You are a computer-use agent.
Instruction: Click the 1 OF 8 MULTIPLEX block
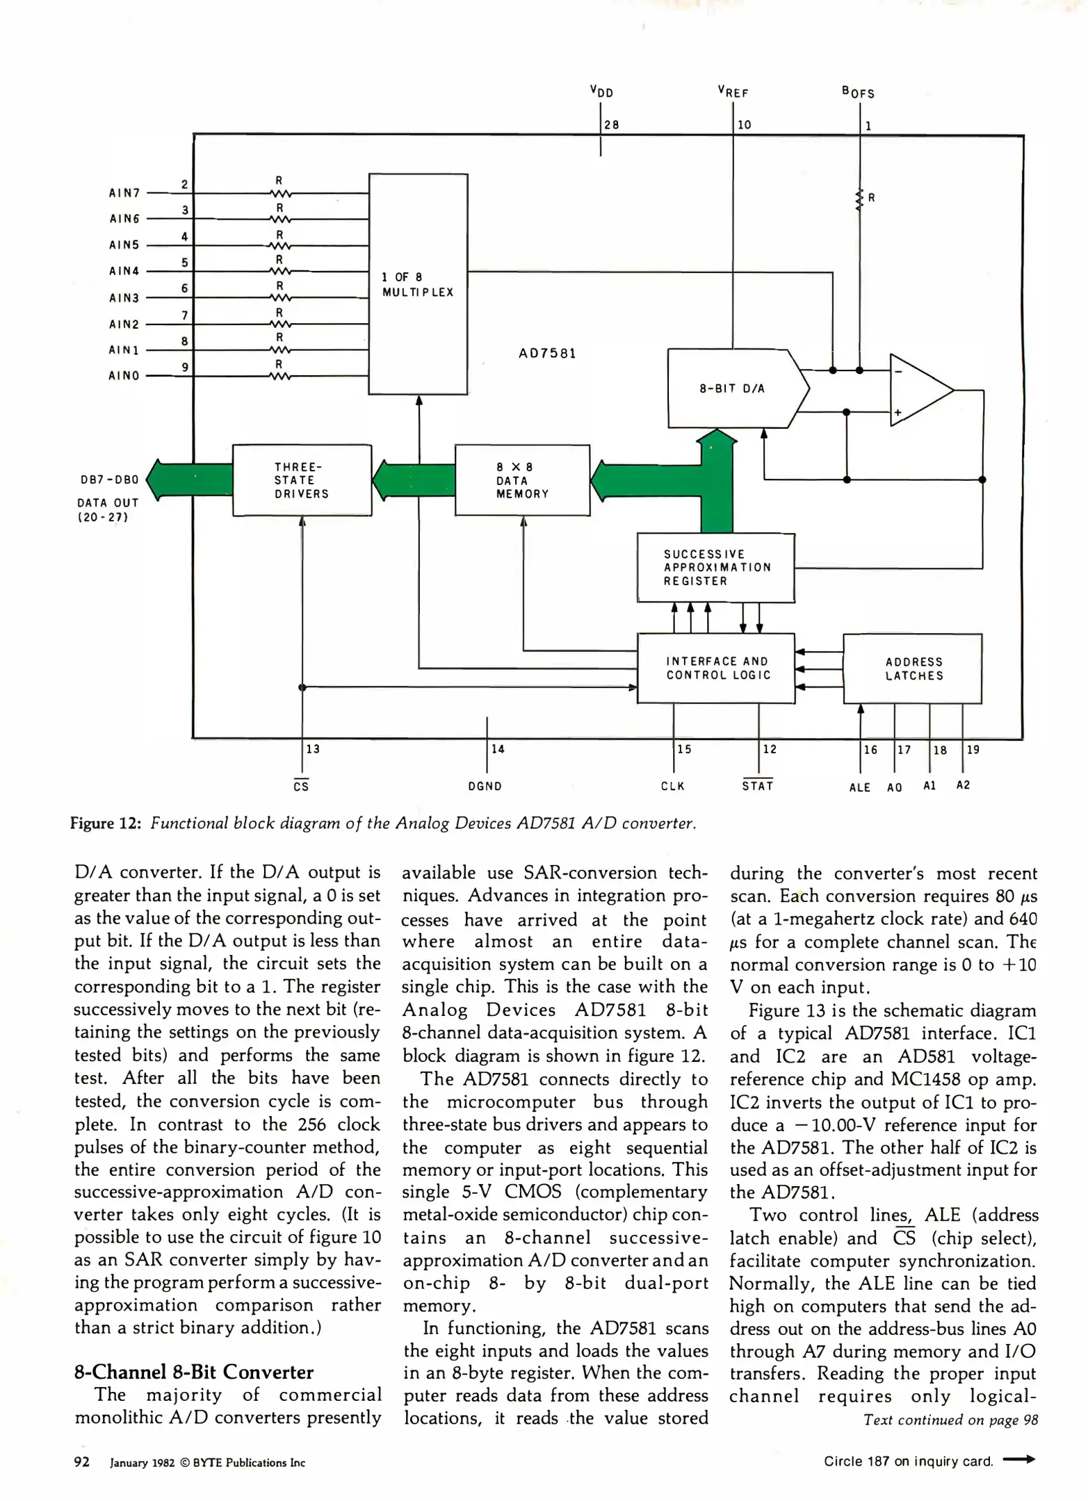(x=418, y=284)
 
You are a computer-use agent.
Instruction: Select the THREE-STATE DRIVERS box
(x=302, y=480)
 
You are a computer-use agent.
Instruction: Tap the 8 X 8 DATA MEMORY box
(x=522, y=480)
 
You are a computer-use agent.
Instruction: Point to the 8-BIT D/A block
(x=732, y=388)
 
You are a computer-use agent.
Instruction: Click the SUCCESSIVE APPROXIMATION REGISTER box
(x=716, y=568)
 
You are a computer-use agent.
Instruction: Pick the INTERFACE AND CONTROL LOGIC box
(x=716, y=669)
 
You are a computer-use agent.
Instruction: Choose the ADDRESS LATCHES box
(x=913, y=669)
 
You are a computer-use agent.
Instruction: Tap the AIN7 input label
(x=124, y=192)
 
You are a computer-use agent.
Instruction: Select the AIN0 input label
(x=124, y=376)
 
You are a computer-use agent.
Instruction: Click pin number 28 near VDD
(x=612, y=125)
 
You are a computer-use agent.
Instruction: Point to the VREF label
(x=733, y=92)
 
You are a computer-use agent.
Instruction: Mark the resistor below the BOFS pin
(x=860, y=199)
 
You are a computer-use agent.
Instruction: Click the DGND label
(x=485, y=787)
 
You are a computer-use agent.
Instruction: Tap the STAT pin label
(x=758, y=786)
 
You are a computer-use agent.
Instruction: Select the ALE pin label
(x=860, y=787)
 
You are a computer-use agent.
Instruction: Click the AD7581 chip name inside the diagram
(x=547, y=354)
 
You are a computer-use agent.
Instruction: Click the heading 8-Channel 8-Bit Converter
(x=194, y=1372)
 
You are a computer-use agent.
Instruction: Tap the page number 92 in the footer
(x=82, y=1462)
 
